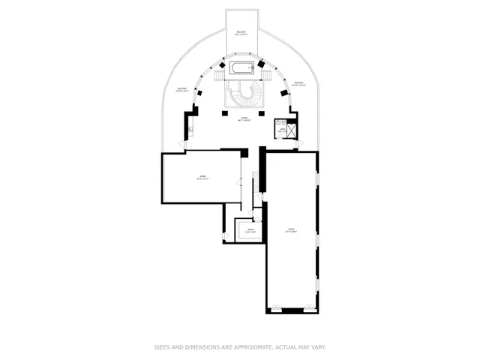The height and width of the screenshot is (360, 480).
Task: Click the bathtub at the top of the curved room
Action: coord(242,70)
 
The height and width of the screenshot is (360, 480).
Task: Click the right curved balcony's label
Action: coord(298,83)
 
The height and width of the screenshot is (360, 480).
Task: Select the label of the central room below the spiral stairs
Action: coord(243,118)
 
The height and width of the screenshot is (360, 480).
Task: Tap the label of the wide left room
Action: coord(202,178)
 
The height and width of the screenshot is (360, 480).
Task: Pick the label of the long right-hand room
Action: coord(292,230)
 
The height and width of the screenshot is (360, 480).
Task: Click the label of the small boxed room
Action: coord(250,231)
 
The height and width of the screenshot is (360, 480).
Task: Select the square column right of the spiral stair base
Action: coord(262,113)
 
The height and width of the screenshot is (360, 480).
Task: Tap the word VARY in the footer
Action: coord(318,347)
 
